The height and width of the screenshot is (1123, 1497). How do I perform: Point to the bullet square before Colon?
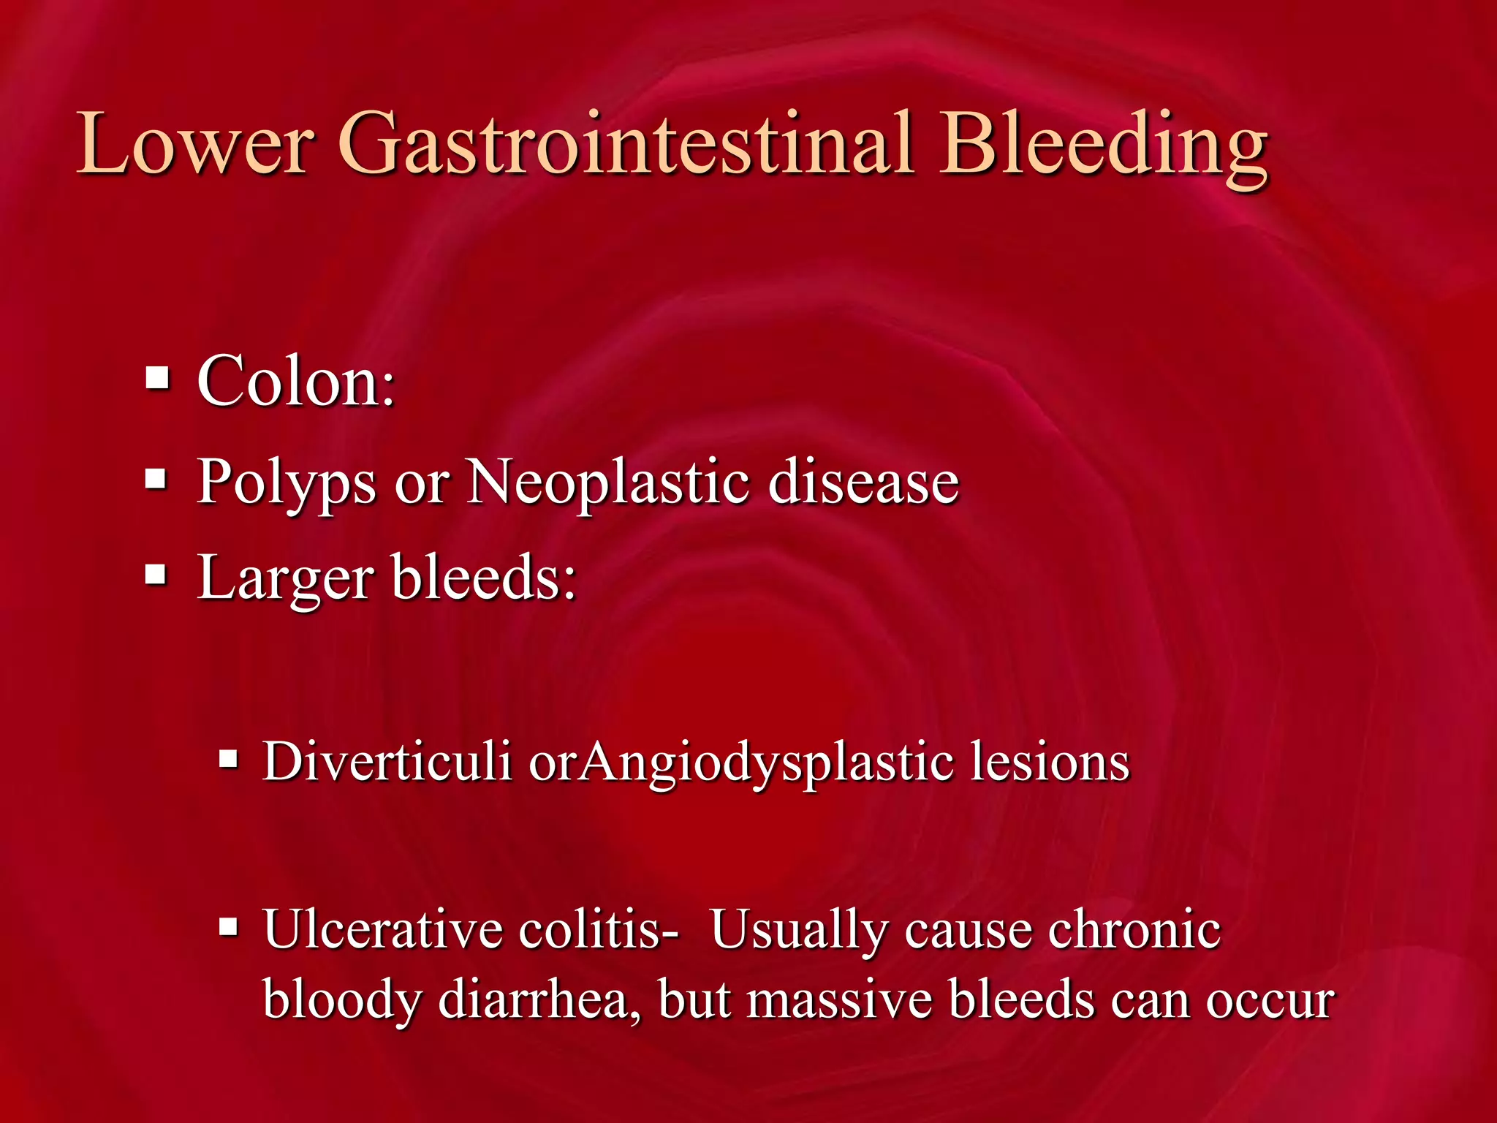tap(157, 379)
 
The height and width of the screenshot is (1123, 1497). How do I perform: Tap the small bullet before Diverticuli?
tap(229, 760)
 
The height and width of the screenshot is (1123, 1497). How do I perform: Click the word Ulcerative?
tap(383, 930)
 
